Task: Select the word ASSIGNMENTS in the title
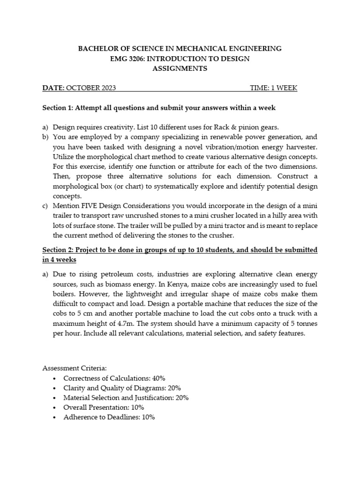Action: [180, 68]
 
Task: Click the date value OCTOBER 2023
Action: [91, 88]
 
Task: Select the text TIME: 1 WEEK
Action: [274, 88]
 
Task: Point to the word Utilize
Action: [65, 157]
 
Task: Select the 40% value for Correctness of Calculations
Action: [155, 378]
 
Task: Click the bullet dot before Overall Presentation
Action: [56, 407]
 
